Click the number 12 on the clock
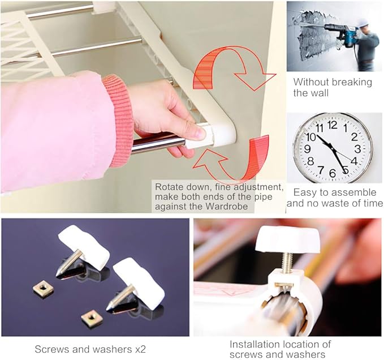333,125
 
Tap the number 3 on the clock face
357,149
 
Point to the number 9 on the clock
307,149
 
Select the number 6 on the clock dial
333,173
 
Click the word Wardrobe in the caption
226,207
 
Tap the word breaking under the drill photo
352,83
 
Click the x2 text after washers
140,349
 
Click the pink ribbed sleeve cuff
118,120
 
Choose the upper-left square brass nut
43,289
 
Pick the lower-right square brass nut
92,318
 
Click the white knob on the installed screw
288,239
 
